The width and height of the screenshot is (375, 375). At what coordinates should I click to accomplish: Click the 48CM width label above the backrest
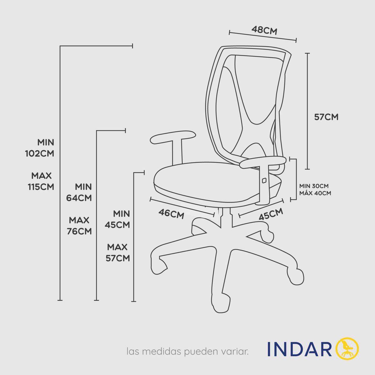264,30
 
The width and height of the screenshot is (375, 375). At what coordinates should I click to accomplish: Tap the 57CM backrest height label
326,117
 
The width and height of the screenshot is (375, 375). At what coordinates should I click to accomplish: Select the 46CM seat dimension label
171,214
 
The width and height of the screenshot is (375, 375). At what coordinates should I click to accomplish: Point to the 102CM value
39,153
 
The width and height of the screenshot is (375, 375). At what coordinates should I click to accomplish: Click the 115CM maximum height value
41,187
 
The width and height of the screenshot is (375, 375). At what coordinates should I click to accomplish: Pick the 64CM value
79,198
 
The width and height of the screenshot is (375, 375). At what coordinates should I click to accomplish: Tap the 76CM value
79,231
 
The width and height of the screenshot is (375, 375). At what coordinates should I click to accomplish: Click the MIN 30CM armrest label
314,186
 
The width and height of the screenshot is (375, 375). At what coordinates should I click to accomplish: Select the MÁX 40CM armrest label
315,193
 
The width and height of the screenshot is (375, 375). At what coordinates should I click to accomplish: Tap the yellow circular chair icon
347,349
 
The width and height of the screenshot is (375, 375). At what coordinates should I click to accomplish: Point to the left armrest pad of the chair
173,137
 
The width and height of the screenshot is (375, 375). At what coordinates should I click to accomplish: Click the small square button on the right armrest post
264,181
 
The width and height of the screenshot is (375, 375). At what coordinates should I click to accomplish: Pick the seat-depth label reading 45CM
271,214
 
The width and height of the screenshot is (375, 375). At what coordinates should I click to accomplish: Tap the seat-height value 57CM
117,258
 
